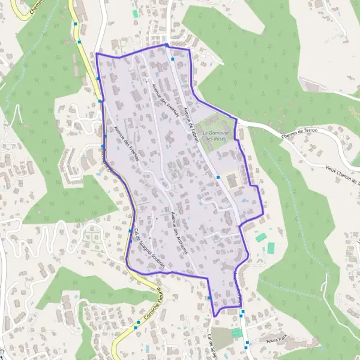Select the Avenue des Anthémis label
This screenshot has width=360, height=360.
179,233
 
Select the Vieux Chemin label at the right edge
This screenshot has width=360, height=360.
342,175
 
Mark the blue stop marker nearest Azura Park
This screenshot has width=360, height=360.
247,344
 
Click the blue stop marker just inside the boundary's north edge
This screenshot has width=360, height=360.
173,59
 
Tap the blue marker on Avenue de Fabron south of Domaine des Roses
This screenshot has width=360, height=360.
218,178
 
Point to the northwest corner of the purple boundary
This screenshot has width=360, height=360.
97,54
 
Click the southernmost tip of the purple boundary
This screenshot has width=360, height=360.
214,316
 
